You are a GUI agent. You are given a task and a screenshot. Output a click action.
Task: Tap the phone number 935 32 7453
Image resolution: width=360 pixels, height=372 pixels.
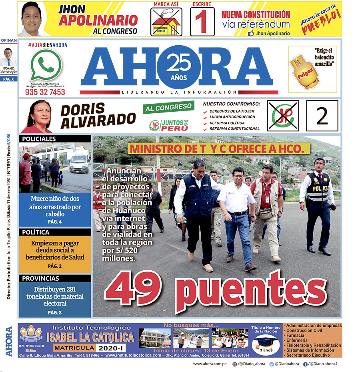45,92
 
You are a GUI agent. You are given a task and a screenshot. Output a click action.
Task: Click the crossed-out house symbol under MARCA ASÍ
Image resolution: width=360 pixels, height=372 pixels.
166,22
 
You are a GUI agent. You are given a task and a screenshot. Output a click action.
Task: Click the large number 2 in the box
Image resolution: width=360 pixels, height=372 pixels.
322,116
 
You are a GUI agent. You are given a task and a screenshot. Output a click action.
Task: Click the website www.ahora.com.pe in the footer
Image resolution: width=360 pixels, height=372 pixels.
210,364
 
